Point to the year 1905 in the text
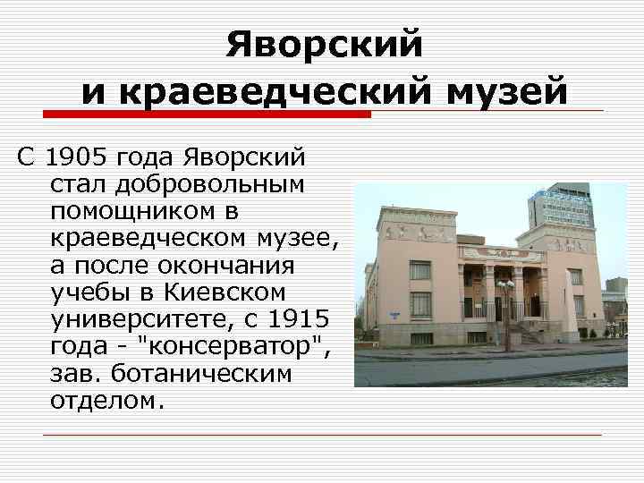tap(74, 160)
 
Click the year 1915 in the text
tap(300, 319)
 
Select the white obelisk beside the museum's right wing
tap(563, 309)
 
